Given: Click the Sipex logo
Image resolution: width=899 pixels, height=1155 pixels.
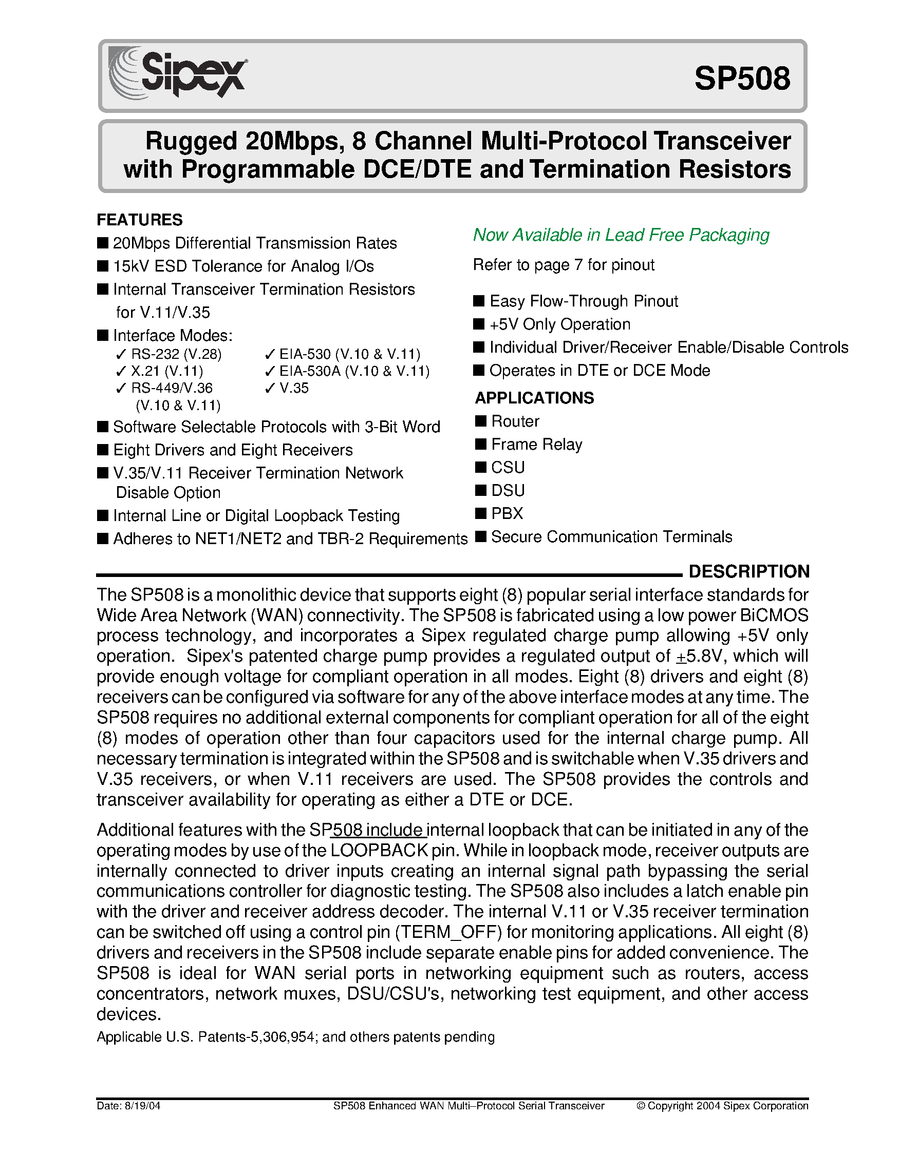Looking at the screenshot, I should (177, 74).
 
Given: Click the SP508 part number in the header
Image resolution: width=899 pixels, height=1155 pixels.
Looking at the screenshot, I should (742, 78).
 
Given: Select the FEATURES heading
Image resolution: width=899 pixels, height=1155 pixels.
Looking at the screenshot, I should (139, 220).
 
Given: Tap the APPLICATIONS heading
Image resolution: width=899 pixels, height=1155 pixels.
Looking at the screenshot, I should (534, 398).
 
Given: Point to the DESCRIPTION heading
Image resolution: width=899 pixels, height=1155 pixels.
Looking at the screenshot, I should (748, 571).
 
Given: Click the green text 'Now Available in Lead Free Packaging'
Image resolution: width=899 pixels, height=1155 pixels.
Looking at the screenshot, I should (621, 235).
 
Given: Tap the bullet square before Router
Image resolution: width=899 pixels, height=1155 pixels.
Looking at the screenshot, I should (480, 421).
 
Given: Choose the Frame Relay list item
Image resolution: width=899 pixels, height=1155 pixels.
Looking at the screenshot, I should (536, 444).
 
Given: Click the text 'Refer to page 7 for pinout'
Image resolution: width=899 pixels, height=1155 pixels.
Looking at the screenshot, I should (564, 264).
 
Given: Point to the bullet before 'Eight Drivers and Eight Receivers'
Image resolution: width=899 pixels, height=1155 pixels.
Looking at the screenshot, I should (103, 450).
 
